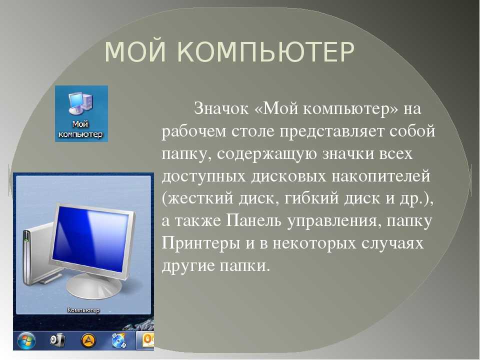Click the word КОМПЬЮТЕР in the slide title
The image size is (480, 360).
pos(265,51)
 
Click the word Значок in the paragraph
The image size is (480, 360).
pos(221,108)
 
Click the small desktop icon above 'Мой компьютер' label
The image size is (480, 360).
pos(81,103)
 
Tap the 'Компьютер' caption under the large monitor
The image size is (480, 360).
pos(83,310)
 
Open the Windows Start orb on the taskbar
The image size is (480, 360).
pos(26,340)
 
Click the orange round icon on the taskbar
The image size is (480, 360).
pos(88,340)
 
